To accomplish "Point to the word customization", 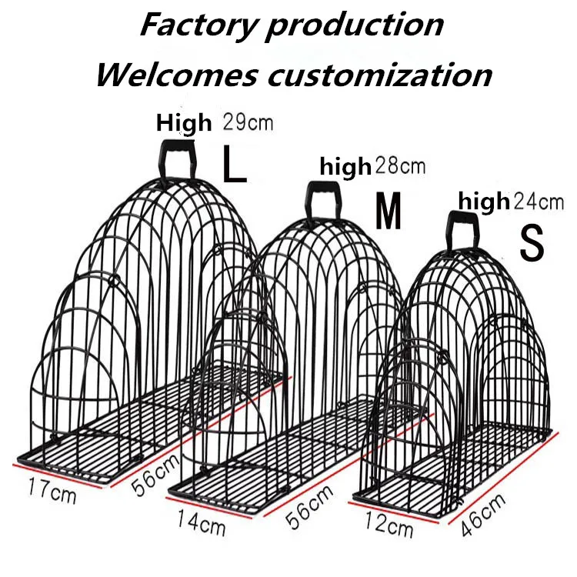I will coord(379,75).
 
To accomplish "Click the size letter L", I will coord(235,163).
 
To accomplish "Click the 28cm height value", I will coord(399,165).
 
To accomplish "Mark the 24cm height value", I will coord(539,202).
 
